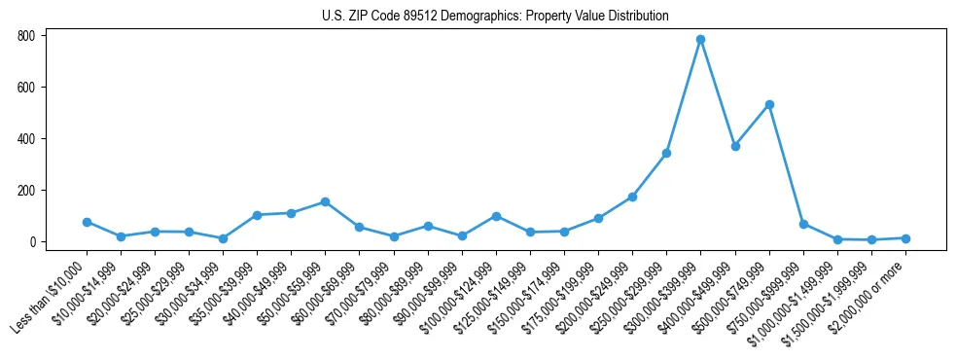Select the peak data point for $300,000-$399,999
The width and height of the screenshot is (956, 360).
700,40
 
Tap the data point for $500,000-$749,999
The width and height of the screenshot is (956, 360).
769,104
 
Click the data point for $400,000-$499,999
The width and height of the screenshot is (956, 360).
735,146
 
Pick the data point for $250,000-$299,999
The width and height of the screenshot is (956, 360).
666,153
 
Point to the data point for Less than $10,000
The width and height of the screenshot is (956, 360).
87,222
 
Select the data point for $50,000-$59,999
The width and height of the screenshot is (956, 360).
325,201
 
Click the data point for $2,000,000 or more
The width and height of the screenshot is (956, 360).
905,238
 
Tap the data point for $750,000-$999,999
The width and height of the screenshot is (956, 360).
803,224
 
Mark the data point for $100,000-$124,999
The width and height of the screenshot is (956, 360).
496,216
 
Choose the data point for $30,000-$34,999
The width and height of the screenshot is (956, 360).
223,238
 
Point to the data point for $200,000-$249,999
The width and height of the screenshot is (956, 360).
632,197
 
